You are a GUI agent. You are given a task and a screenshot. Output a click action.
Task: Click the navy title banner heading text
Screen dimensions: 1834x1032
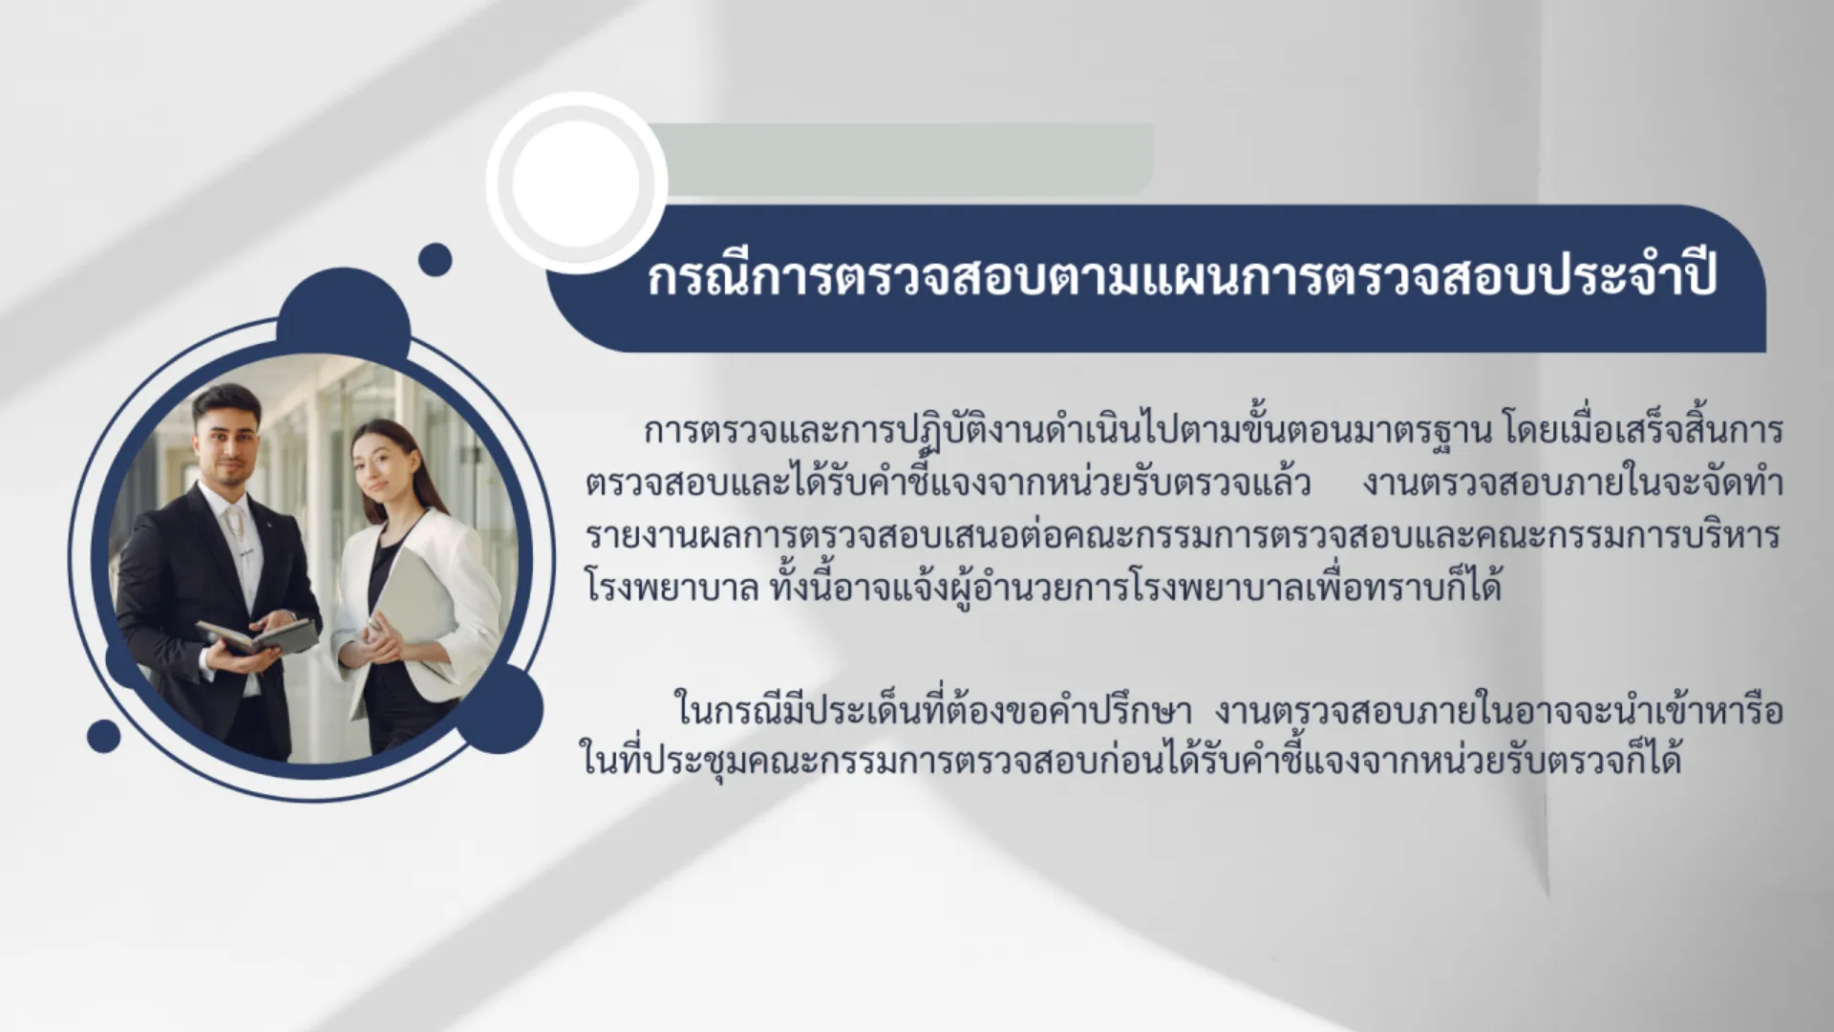click(1183, 276)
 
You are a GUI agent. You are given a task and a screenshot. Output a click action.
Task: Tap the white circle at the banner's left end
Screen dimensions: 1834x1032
click(576, 183)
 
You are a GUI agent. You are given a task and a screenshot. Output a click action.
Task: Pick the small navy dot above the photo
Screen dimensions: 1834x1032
click(435, 259)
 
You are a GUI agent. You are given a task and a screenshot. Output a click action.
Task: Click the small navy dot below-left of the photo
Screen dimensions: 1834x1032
click(104, 736)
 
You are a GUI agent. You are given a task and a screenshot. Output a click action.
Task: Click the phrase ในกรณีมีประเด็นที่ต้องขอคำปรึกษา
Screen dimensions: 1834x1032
click(932, 713)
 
